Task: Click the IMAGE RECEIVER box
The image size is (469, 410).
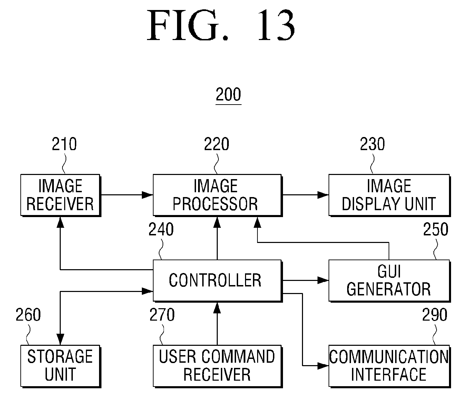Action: (60, 195)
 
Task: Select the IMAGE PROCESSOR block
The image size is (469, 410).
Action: (217, 195)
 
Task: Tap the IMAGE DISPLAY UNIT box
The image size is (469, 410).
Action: (389, 195)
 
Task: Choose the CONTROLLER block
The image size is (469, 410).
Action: (217, 280)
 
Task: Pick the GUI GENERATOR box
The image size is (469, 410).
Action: (389, 280)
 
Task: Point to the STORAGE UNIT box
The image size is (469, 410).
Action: (60, 365)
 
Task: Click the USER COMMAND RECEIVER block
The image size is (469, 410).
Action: (217, 365)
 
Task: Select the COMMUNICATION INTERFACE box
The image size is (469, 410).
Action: (389, 365)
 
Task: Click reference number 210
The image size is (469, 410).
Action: (64, 144)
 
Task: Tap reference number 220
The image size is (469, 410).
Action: (216, 144)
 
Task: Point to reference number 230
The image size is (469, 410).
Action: (372, 144)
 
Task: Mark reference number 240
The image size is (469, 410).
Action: (161, 230)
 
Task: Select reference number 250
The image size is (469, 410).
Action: (436, 230)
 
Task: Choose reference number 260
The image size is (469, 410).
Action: (28, 315)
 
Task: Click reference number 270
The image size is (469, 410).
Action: (162, 315)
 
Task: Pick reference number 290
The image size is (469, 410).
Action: (435, 315)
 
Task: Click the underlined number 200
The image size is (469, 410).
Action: (228, 95)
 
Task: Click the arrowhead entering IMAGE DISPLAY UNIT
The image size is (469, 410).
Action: (324, 195)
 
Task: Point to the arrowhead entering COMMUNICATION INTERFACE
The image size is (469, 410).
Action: (324, 365)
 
